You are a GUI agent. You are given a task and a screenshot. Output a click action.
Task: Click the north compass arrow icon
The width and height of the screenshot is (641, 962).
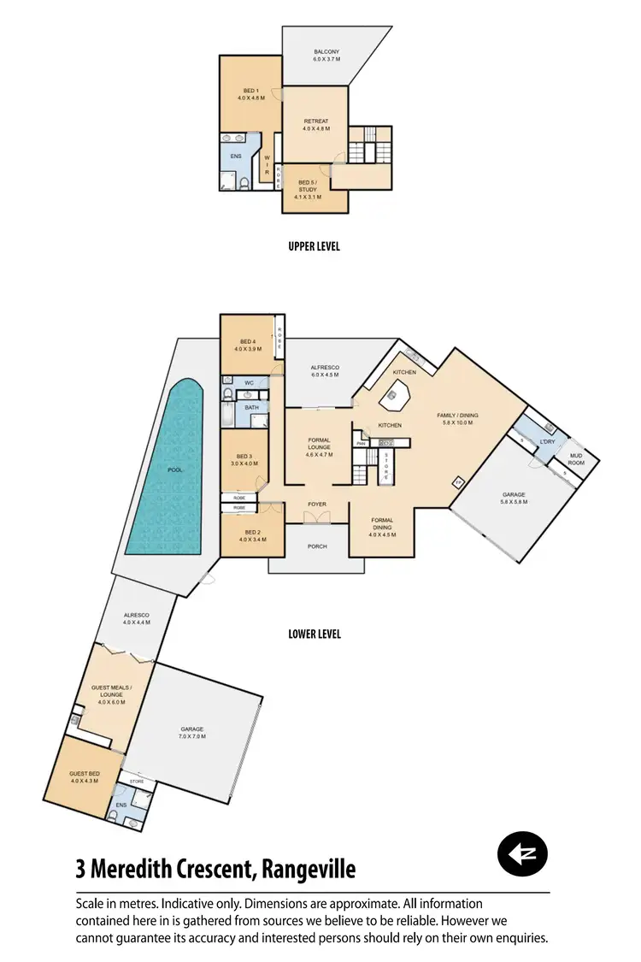point(522,853)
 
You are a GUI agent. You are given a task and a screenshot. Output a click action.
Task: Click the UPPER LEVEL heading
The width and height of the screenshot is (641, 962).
point(314,246)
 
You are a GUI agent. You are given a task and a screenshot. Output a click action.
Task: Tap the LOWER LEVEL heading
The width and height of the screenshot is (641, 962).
point(314,634)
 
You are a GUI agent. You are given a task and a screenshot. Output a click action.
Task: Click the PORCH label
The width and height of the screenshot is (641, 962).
point(316,547)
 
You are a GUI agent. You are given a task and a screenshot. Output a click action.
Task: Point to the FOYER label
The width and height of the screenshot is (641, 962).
point(317,505)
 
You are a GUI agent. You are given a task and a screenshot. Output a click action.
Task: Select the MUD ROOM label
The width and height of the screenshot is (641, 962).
point(576,459)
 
